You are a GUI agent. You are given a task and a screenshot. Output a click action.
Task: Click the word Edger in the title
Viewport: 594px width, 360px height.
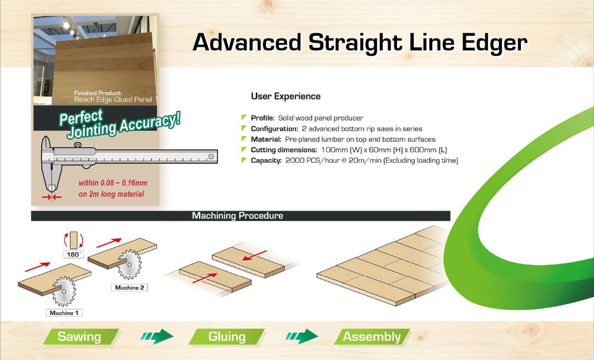coord(494,43)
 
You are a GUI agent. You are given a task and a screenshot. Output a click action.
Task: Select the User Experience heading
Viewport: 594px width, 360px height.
coord(285,96)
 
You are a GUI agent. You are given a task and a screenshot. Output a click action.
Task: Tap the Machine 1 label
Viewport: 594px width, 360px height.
coord(64,313)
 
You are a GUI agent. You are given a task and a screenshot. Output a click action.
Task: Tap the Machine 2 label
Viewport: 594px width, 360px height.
coord(130,287)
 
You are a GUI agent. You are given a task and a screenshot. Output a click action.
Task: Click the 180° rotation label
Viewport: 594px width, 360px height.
coord(74,254)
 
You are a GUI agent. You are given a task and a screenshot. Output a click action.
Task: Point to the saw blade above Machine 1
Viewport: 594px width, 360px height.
coord(64,291)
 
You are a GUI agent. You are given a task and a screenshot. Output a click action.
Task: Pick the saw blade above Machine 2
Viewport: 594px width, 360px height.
coord(129,264)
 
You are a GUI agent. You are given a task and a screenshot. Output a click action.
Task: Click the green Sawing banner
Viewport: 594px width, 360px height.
coord(81,336)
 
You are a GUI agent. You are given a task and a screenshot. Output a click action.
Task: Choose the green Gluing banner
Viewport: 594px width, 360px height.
coord(227,336)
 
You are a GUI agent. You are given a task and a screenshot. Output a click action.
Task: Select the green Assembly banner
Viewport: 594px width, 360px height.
coord(372,336)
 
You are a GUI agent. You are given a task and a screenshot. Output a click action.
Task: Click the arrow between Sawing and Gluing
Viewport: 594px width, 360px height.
coord(157,336)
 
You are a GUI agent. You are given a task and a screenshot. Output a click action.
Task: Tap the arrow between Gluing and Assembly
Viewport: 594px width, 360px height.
coord(301,336)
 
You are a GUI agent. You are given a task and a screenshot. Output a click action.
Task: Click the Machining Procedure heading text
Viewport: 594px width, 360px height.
coord(238,216)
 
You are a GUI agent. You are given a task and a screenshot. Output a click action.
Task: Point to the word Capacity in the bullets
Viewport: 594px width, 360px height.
coord(266,160)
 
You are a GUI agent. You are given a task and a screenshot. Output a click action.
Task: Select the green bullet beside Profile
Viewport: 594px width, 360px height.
coord(244,118)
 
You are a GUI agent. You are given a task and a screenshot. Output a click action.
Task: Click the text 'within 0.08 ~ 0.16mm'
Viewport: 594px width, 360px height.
coord(113,183)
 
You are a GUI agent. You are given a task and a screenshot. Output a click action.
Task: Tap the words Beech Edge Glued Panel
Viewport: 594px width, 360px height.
coord(113,99)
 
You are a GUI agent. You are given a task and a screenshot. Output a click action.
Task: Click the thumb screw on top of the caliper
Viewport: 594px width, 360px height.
coord(78,145)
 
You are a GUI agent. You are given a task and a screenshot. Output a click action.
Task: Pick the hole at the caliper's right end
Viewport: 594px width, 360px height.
coord(211,156)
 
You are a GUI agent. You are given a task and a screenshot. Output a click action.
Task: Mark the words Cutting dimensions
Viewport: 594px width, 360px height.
coord(284,150)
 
